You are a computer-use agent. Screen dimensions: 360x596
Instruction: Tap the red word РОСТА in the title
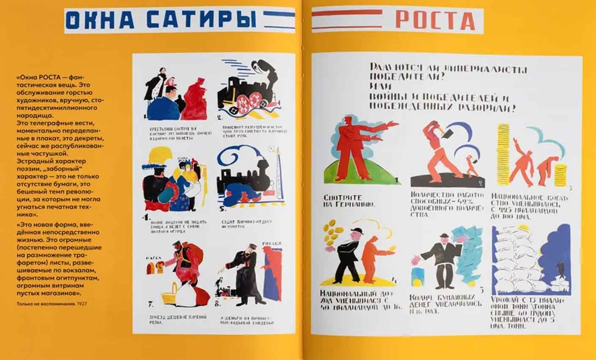[x=435, y=20]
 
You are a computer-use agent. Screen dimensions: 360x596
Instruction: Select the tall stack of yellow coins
[x=503, y=152]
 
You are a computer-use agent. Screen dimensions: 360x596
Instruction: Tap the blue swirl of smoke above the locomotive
[x=237, y=158]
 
